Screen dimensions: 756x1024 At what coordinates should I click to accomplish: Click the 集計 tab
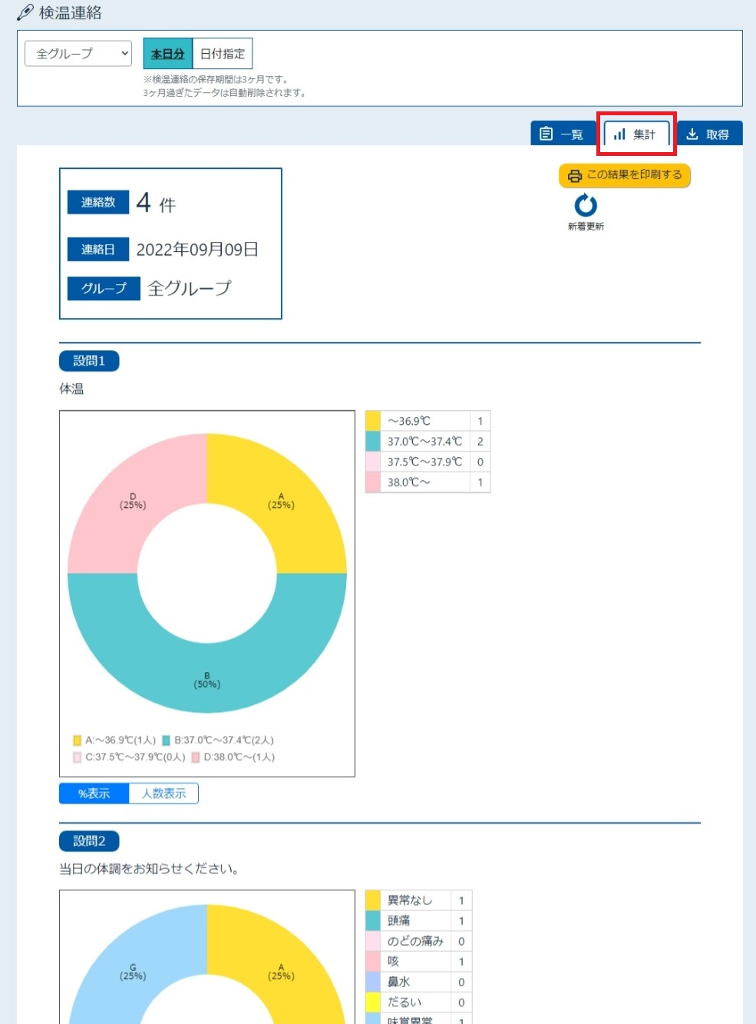(x=636, y=134)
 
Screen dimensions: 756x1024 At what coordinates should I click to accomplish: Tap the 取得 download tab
(x=709, y=134)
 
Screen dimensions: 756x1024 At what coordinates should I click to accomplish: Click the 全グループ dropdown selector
(x=78, y=54)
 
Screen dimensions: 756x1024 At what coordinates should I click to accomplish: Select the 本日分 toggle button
(x=168, y=54)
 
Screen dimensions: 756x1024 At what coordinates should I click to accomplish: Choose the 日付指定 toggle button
(x=223, y=54)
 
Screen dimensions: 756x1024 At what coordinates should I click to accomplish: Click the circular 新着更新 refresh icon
(x=586, y=205)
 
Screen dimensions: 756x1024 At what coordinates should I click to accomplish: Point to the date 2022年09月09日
(x=197, y=250)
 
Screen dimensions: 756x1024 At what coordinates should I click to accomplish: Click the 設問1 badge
(x=89, y=360)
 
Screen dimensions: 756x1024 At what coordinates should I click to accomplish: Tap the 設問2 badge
(x=89, y=840)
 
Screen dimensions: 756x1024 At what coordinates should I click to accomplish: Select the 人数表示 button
(x=163, y=794)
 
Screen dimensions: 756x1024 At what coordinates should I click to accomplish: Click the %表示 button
(x=94, y=794)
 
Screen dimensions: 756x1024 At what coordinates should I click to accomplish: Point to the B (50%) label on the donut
(x=206, y=680)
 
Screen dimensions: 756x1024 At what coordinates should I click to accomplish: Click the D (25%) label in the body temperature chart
(x=133, y=501)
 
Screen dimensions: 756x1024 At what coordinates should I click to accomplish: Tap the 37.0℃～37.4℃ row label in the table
(x=424, y=442)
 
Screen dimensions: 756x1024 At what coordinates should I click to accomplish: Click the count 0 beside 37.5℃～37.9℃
(x=480, y=462)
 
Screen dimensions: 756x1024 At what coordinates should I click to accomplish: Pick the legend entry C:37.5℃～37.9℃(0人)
(x=129, y=757)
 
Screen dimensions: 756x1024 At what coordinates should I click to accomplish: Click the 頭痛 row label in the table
(x=398, y=920)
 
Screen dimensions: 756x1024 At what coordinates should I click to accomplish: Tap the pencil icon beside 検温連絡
(x=25, y=12)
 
